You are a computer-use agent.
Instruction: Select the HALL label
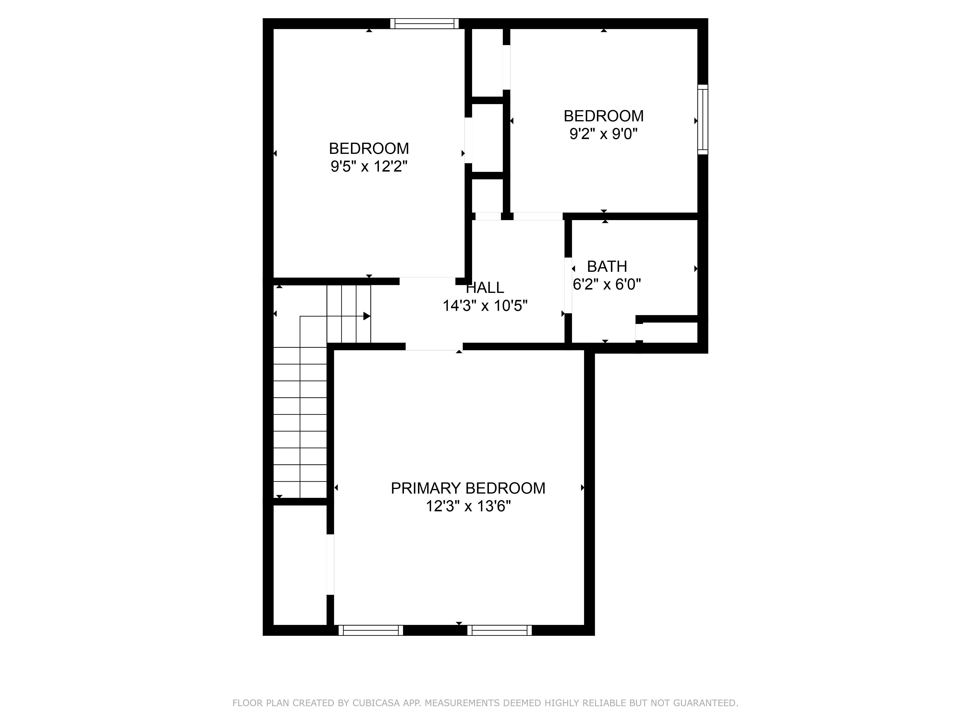coord(485,288)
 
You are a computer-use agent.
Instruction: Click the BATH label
coord(607,266)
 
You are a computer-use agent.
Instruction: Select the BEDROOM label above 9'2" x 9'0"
coord(603,116)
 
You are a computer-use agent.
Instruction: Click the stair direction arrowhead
coord(367,316)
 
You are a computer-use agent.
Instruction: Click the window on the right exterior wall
coord(703,119)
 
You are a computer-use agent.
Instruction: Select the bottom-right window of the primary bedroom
coord(500,630)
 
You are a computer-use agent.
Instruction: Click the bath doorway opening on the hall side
coord(568,285)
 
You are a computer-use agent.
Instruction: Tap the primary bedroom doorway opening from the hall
coord(434,346)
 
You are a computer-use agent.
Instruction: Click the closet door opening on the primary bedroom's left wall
coord(330,564)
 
